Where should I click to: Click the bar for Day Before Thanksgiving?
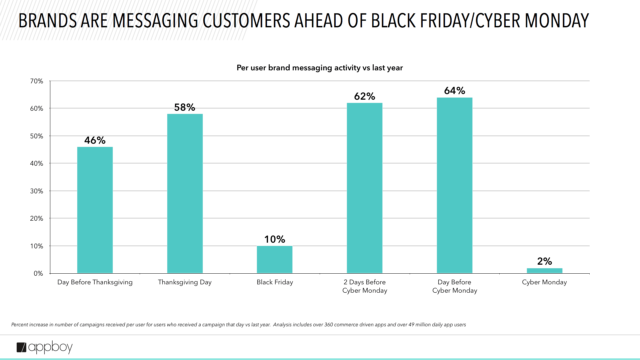coord(95,210)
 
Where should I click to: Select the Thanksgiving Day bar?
coord(185,193)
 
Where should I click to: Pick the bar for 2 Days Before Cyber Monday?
coord(365,188)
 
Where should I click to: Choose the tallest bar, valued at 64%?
coord(455,185)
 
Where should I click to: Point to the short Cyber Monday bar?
coord(544,271)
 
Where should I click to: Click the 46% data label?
coord(95,140)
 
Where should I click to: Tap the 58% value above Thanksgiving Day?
coord(185,107)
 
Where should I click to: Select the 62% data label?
coord(365,96)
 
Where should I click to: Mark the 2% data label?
coord(544,261)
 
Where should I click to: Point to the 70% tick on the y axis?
coord(37,81)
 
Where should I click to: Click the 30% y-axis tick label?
coord(37,191)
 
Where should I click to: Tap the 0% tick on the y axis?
coord(38,273)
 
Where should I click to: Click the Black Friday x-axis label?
coord(275,282)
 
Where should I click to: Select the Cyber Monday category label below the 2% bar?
coord(544,282)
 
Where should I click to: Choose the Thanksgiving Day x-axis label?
coord(185,282)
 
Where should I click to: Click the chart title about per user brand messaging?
coord(320,68)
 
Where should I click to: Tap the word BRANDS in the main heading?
coord(48,21)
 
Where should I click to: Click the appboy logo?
coord(45,347)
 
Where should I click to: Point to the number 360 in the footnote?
coord(329,325)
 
